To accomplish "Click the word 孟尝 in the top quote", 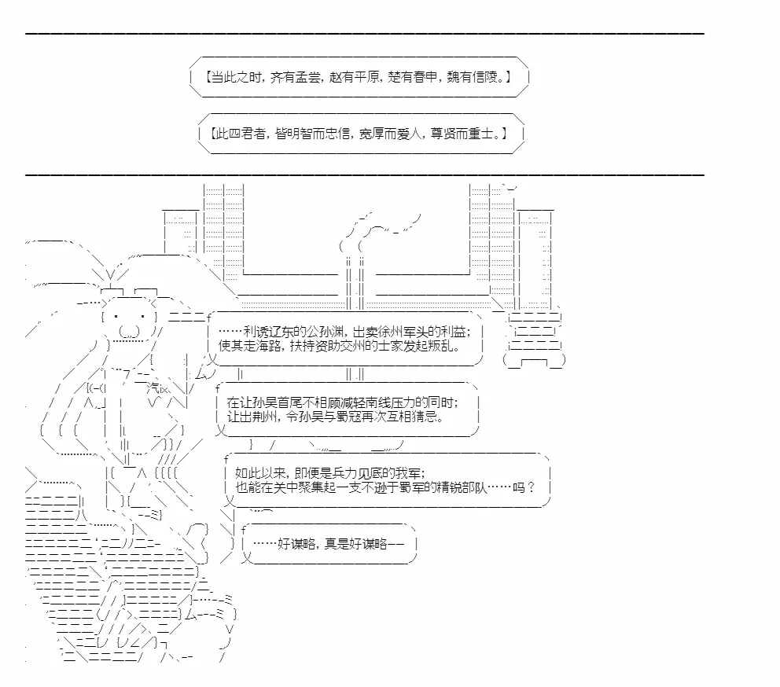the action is [x=308, y=77].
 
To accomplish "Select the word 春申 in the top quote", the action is [x=425, y=77].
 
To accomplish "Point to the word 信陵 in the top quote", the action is [x=484, y=77].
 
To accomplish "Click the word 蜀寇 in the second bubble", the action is [x=349, y=417].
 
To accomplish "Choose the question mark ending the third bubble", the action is [x=531, y=487].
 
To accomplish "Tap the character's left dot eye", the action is [x=116, y=317].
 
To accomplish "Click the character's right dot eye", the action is [x=143, y=317].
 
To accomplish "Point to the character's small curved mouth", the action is [x=129, y=331].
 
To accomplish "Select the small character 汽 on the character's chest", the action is [x=153, y=388].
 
